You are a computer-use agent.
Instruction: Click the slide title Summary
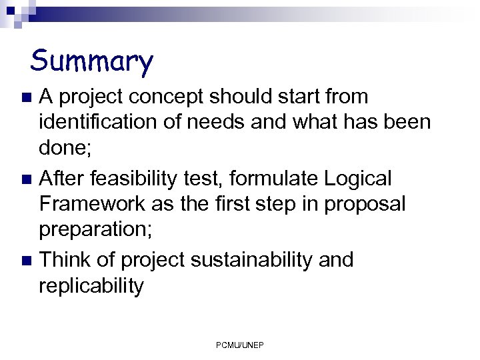click(x=92, y=61)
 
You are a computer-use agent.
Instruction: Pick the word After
click(x=65, y=178)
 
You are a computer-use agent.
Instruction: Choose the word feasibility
click(x=151, y=178)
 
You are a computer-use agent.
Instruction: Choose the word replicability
click(x=91, y=286)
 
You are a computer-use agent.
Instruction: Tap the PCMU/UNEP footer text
click(x=240, y=345)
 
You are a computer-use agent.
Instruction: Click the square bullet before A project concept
click(x=27, y=98)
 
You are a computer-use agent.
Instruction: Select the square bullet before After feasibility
click(x=27, y=179)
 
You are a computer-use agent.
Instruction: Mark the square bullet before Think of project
click(x=27, y=261)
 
